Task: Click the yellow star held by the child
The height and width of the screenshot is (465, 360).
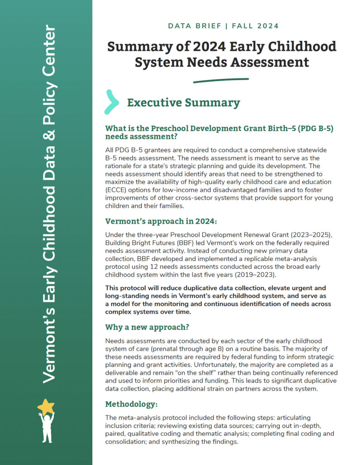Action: (x=46, y=406)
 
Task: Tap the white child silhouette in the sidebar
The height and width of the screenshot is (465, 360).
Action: (x=46, y=427)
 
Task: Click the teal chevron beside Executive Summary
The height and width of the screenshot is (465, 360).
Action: (x=112, y=102)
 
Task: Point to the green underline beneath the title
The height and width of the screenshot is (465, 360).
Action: (x=221, y=80)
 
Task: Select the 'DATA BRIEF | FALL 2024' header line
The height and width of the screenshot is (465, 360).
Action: (x=223, y=26)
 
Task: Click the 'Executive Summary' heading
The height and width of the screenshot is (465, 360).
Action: (x=183, y=103)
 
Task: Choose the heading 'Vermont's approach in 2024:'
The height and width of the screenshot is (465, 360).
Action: (x=155, y=221)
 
